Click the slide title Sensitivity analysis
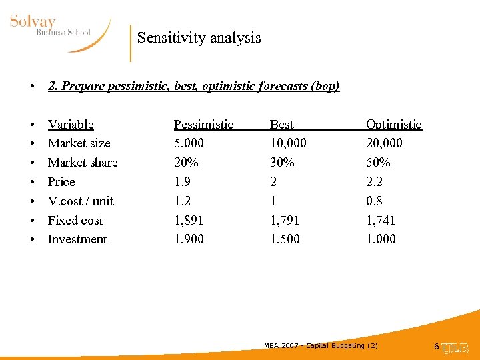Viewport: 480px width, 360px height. [199, 38]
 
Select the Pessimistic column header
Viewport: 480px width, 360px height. [203, 125]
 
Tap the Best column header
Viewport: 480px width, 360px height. [281, 125]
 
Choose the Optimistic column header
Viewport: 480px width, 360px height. [393, 125]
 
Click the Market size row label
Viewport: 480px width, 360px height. [79, 143]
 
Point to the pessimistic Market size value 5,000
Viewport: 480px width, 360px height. [189, 143]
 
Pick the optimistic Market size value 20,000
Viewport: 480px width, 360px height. [384, 143]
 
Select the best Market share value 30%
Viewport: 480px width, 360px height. [282, 163]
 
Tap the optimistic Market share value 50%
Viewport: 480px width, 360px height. [378, 163]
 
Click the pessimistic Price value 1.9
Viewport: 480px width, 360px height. [181, 182]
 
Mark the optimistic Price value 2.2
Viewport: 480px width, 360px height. [374, 182]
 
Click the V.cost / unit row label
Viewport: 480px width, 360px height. [81, 201]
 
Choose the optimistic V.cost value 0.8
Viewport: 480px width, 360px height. [374, 201]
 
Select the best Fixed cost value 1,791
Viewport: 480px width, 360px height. [285, 221]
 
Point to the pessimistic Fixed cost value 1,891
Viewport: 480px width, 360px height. [189, 221]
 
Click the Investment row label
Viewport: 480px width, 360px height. [77, 239]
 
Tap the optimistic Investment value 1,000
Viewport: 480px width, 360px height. [381, 239]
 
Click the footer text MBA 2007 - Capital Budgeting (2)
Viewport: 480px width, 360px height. [321, 345]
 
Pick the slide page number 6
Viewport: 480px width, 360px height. [436, 347]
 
